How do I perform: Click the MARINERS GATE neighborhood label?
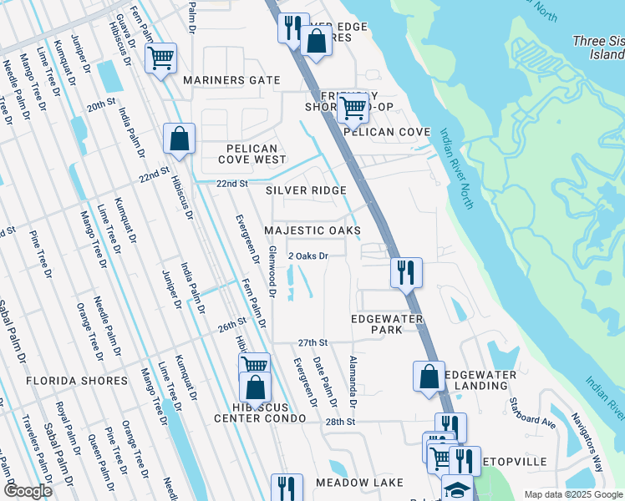231,80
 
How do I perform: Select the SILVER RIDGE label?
306,191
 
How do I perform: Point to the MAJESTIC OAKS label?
312,230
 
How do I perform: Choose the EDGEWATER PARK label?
387,324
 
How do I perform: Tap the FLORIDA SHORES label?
77,381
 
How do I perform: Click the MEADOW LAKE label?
359,483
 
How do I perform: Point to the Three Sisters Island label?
598,48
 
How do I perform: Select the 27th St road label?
312,342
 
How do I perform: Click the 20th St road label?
99,106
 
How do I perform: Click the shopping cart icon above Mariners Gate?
160,58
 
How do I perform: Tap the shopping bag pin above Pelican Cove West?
180,139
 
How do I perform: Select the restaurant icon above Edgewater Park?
406,272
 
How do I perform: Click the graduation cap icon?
457,488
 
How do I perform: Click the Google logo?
28,491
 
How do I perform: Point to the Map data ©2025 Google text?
573,494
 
